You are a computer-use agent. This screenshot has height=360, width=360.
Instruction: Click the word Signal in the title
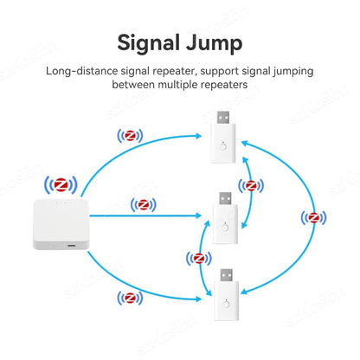pos(148,43)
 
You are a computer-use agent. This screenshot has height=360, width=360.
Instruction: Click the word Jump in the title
pos(214,43)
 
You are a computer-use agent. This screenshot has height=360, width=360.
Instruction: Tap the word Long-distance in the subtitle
pos(82,71)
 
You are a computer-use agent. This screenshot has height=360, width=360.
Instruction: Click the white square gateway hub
pos(61,224)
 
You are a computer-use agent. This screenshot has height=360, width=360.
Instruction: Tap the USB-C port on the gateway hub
pos(71,246)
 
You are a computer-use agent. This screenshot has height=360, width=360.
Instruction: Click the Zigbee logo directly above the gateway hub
pos(61,185)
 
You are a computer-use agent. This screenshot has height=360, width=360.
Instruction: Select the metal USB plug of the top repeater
pos(223,118)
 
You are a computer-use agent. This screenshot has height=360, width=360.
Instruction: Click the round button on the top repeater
pos(223,146)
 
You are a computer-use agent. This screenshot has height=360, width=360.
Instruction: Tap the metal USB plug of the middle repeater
pos(225,198)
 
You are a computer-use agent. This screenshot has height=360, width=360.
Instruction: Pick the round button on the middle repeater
pos(225,227)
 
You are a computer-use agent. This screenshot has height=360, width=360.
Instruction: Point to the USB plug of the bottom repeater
pos(227,275)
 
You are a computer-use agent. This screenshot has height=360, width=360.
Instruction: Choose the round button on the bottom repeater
pos(227,304)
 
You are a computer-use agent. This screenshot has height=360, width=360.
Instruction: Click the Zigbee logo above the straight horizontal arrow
pos(144,205)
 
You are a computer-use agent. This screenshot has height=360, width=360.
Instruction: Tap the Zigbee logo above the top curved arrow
pos(130,136)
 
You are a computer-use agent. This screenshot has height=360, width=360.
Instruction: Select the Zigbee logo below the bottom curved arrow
pos(130,298)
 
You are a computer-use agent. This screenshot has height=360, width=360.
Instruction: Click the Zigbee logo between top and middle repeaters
pos(251,185)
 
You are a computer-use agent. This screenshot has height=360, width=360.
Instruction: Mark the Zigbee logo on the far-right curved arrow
pos(313,217)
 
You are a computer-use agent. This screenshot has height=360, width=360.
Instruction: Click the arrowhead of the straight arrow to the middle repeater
pos(198,215)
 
